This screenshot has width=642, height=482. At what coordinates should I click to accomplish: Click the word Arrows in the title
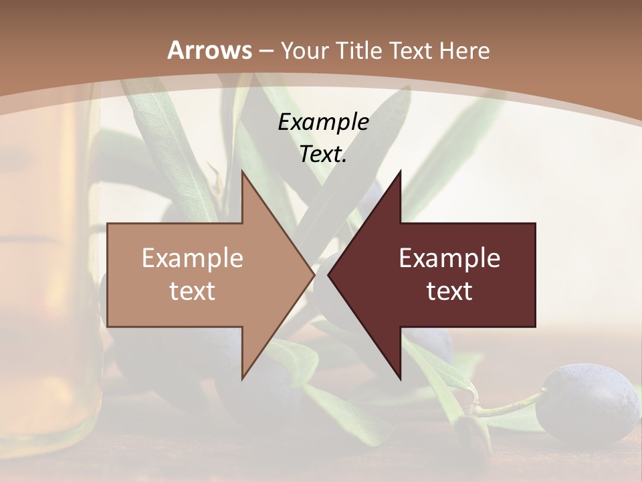210,50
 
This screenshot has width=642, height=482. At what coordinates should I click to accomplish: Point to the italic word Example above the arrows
324,123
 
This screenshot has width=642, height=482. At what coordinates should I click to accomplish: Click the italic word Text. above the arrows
324,155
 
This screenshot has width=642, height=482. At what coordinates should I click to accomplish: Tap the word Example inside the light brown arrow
193,258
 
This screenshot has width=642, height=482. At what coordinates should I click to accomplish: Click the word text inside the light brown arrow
193,291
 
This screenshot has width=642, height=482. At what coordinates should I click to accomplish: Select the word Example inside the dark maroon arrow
449,258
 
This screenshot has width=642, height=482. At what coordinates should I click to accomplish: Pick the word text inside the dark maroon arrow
449,291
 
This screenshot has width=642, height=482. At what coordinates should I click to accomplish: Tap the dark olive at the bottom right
589,402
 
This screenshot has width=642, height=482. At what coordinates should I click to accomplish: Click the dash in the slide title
266,50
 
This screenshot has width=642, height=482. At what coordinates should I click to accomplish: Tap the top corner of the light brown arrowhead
243,172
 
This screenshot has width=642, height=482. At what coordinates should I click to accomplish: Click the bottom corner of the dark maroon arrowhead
400,378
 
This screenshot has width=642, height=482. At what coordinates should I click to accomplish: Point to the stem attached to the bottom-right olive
508,404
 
